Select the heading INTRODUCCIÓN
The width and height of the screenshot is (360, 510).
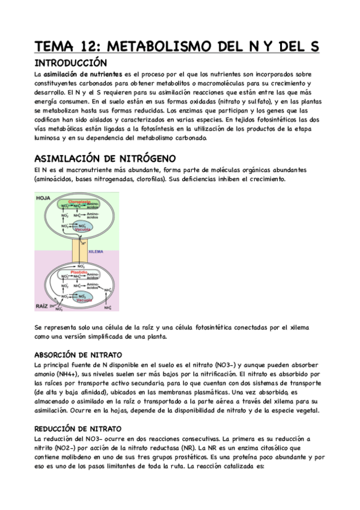pos(71,63)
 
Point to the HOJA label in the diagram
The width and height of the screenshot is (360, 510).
pos(43,198)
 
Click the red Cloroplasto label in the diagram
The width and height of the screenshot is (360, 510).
pos(79,202)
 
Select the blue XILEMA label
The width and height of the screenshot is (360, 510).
pos(96,251)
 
